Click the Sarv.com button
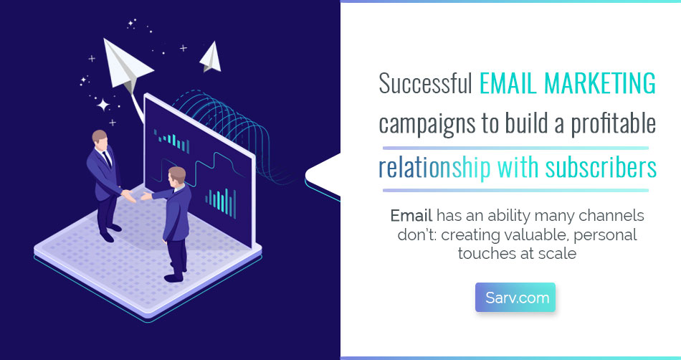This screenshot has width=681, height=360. pyautogui.click(x=515, y=298)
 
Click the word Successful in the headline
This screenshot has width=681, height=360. pyautogui.click(x=426, y=83)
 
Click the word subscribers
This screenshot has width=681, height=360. pyautogui.click(x=601, y=167)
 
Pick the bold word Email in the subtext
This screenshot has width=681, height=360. pyautogui.click(x=411, y=215)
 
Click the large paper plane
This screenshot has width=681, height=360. pyautogui.click(x=126, y=66)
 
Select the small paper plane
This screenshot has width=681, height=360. pyautogui.click(x=211, y=57)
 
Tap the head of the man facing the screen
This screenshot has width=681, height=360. pyautogui.click(x=177, y=176)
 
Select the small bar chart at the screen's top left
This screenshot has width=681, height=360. pyautogui.click(x=172, y=141)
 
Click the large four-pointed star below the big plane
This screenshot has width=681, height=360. pyautogui.click(x=103, y=105)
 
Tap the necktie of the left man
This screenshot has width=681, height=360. pyautogui.click(x=106, y=158)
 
